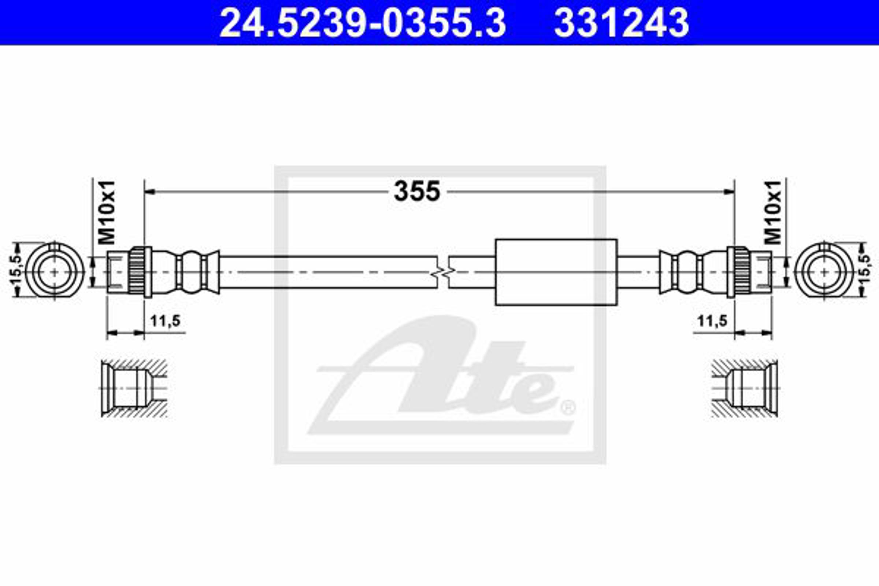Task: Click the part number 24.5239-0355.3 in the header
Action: tap(363, 23)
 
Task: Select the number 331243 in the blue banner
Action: tap(622, 23)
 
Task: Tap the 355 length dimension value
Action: tap(417, 191)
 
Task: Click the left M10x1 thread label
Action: tap(107, 213)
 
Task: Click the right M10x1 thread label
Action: tap(772, 213)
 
